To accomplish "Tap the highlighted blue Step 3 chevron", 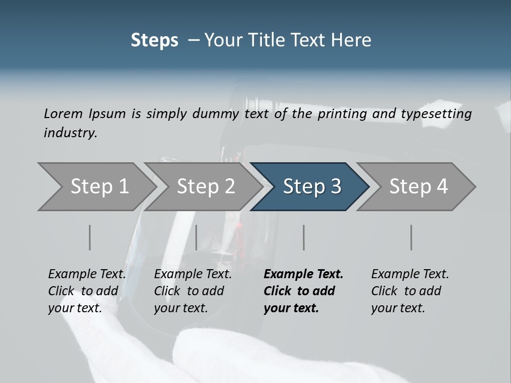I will click(x=312, y=187).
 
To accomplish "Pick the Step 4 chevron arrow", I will click(x=418, y=187).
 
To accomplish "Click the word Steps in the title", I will click(x=154, y=40).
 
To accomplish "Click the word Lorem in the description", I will click(x=63, y=114).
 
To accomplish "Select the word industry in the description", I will click(x=70, y=133).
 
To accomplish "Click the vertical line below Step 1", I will click(x=90, y=237).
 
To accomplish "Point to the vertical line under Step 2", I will click(x=196, y=237).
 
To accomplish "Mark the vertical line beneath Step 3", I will click(x=304, y=237).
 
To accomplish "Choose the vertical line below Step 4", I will click(x=411, y=237).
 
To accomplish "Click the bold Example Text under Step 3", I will click(x=303, y=274).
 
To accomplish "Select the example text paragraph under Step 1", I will click(x=87, y=291).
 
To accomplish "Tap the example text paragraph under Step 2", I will click(x=193, y=291).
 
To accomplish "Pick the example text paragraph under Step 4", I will click(x=410, y=291).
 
